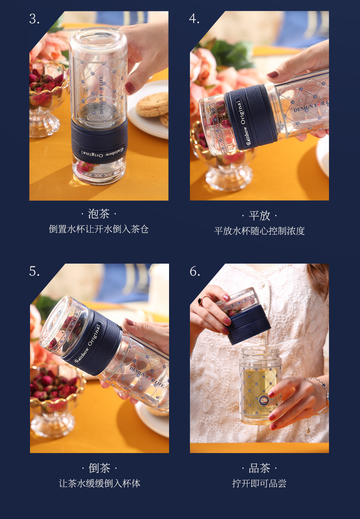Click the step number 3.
34,19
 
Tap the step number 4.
195,19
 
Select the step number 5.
34,271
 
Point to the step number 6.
195,271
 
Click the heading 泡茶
99,214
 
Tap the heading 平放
259,215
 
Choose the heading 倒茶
99,468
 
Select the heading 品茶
259,468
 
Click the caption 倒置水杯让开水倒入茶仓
99,229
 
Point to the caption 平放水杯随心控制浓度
259,231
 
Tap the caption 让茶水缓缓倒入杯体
99,483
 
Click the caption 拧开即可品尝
259,483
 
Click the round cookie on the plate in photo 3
152,105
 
